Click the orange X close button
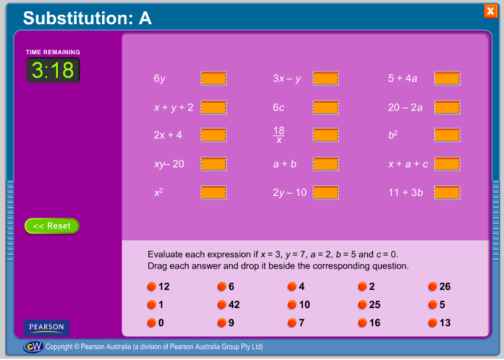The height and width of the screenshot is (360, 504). pos(490,11)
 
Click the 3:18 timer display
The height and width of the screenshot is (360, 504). pos(53,70)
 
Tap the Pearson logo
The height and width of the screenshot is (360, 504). pos(46,328)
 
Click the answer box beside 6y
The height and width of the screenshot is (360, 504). pos(214,78)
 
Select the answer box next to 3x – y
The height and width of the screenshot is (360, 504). pos(326,78)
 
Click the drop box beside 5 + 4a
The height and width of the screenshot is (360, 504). pos(447,78)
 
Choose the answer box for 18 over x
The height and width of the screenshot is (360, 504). pos(326,135)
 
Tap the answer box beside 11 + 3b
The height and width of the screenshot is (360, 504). pos(447,192)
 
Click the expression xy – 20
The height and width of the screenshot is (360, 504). pos(169,164)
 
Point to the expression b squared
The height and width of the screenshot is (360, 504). pos(393,135)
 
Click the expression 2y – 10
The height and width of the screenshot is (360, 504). pos(290,193)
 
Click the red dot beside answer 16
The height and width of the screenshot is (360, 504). pos(362,323)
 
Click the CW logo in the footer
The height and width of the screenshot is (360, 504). pos(34,346)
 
